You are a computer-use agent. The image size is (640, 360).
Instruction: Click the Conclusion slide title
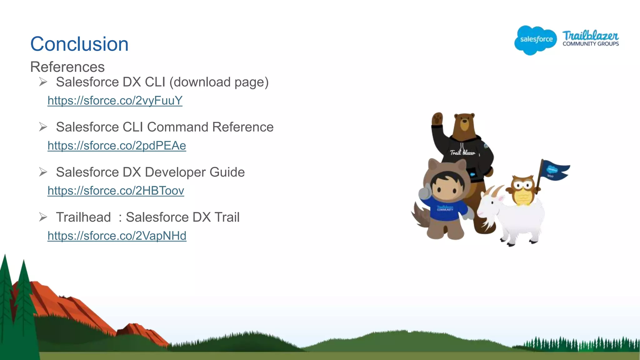(79, 44)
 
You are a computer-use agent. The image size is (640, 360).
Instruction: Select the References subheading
(67, 67)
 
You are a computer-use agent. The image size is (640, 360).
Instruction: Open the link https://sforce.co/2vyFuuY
(115, 101)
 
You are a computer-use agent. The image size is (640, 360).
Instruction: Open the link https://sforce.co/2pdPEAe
(117, 146)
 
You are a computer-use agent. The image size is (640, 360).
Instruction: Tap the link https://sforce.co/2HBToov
(116, 191)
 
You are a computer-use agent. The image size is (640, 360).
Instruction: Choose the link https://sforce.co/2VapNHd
(117, 236)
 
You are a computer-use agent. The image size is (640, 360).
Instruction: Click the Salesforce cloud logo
(536, 40)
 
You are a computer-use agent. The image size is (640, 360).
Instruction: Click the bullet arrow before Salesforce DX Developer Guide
(43, 172)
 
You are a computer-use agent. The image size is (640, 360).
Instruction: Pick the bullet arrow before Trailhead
(43, 217)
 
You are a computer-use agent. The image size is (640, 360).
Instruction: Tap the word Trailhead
(83, 217)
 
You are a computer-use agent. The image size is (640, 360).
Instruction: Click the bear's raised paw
(437, 119)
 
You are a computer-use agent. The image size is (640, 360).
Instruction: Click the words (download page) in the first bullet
(219, 82)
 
